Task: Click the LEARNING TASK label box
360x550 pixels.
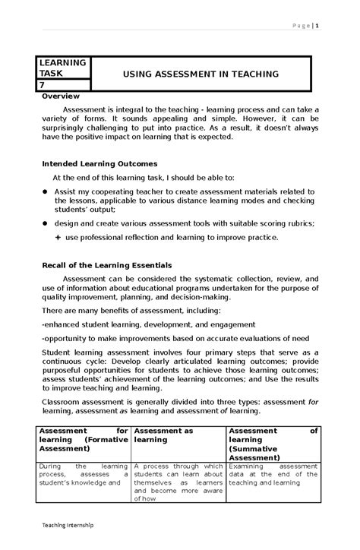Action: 64,68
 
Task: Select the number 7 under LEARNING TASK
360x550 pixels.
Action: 43,86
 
